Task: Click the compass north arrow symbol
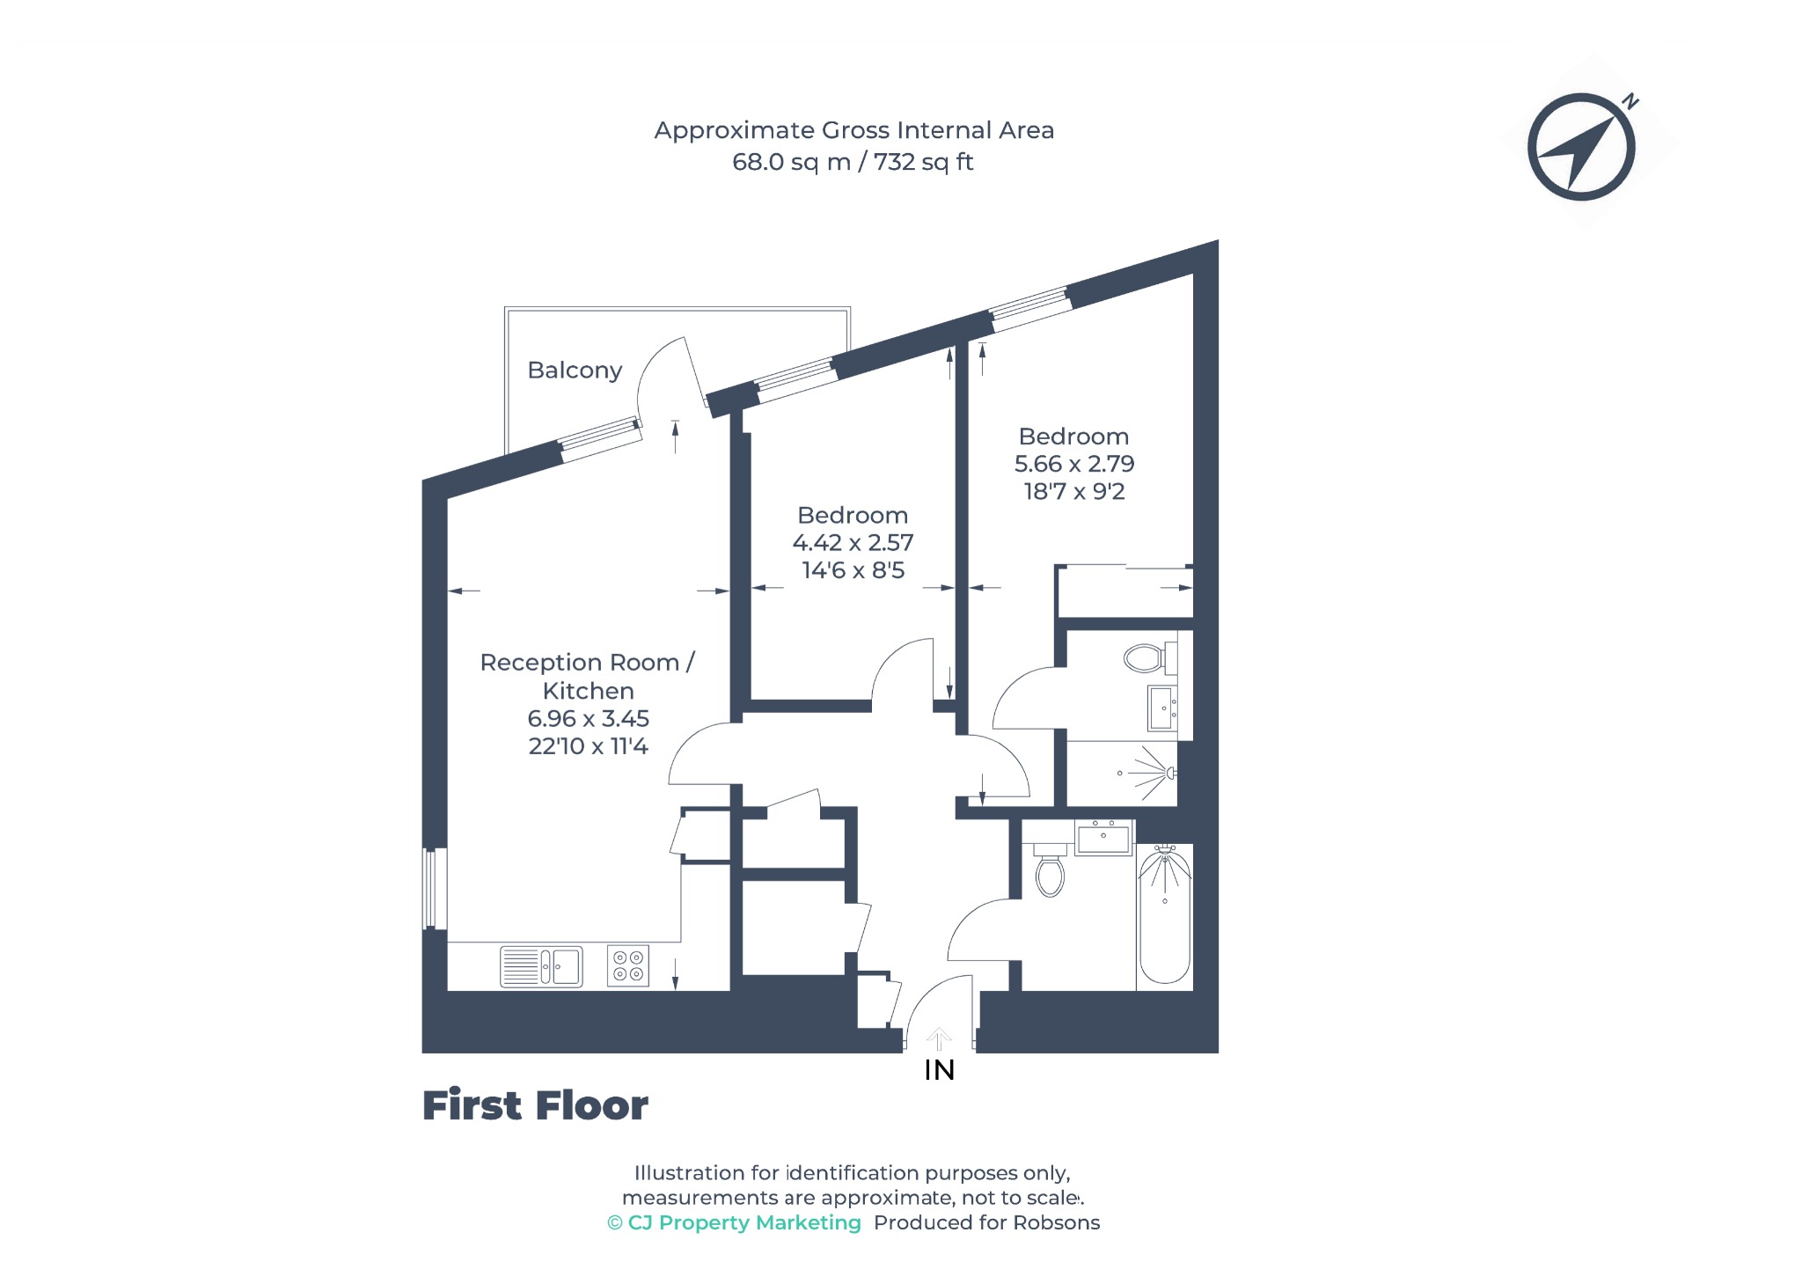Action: click(1583, 147)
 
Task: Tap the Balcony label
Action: click(575, 371)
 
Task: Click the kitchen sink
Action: click(541, 966)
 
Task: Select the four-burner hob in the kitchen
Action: click(628, 965)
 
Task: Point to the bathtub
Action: click(1165, 913)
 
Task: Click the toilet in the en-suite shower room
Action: click(1150, 657)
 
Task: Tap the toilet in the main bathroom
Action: click(1050, 870)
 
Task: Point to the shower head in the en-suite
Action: click(1169, 773)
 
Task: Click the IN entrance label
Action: click(939, 1070)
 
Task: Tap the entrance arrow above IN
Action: click(939, 1038)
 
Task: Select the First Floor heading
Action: click(535, 1105)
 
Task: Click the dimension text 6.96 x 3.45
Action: click(588, 719)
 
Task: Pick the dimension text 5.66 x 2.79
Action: click(1074, 464)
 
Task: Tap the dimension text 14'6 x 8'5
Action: click(853, 570)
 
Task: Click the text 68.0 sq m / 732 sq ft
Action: click(853, 162)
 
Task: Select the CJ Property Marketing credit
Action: click(734, 1222)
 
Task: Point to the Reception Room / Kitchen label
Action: click(588, 677)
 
